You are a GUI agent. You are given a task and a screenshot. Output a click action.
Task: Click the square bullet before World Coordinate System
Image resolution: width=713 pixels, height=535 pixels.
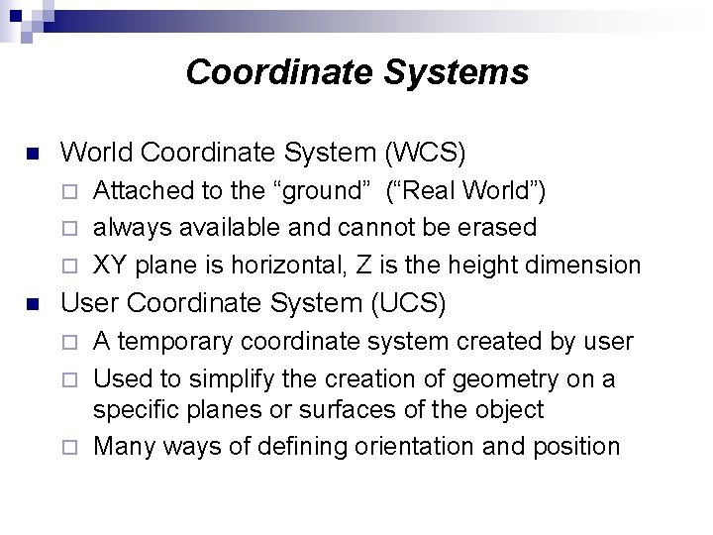[31, 155]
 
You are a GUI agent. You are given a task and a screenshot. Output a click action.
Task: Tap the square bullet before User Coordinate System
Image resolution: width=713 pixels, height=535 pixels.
[31, 304]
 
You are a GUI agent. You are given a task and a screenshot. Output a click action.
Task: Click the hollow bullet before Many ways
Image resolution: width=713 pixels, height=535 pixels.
[68, 447]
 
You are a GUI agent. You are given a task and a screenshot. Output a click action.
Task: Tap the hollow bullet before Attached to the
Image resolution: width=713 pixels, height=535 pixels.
[68, 191]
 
